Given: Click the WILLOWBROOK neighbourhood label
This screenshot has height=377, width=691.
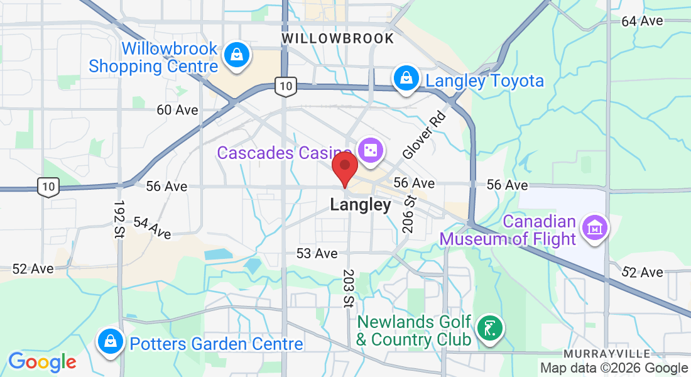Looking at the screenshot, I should (x=338, y=38).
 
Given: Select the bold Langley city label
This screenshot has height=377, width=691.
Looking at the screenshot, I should (x=361, y=205).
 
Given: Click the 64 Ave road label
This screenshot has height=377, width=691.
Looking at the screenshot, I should (x=642, y=21).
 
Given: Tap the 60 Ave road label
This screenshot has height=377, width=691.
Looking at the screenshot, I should (x=177, y=110).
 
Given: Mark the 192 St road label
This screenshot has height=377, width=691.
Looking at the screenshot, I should (x=118, y=219).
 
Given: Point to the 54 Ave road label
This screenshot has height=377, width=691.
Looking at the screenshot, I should (x=151, y=228).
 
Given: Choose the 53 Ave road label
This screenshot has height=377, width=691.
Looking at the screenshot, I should (x=317, y=253).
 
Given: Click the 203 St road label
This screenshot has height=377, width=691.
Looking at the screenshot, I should (x=347, y=288).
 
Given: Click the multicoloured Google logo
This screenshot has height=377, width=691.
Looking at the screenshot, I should (x=42, y=362).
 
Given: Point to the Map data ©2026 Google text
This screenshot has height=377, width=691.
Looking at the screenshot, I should (x=614, y=368).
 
